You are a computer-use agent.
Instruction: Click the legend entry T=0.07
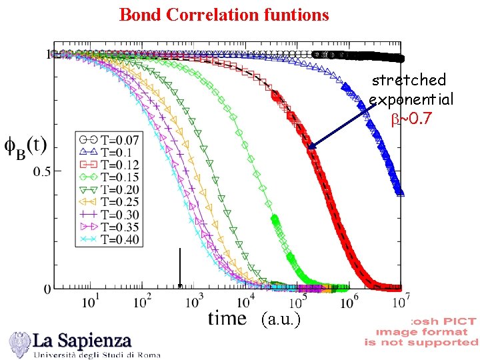click(109, 140)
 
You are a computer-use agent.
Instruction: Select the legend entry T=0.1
click(109, 152)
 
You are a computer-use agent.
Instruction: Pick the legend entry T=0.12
click(109, 165)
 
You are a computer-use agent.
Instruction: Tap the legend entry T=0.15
click(109, 177)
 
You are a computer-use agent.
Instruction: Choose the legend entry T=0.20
click(109, 190)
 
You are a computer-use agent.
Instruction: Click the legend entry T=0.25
click(109, 202)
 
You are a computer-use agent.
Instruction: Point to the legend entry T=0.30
click(109, 215)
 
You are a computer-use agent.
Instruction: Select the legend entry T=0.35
click(109, 227)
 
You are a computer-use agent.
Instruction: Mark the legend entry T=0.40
click(109, 240)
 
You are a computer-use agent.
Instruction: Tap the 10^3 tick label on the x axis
click(193, 302)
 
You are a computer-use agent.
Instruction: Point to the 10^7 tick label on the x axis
click(399, 302)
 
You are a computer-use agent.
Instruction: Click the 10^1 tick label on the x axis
click(90, 302)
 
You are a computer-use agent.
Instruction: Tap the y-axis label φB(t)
click(25, 148)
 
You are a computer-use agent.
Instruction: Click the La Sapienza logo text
click(83, 341)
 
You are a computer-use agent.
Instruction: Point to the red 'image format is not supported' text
click(421, 332)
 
